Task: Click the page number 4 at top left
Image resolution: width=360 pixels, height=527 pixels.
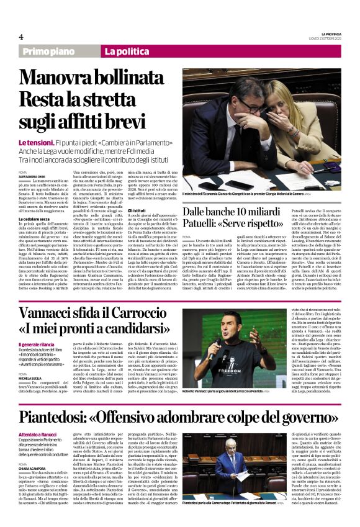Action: pos(21,37)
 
